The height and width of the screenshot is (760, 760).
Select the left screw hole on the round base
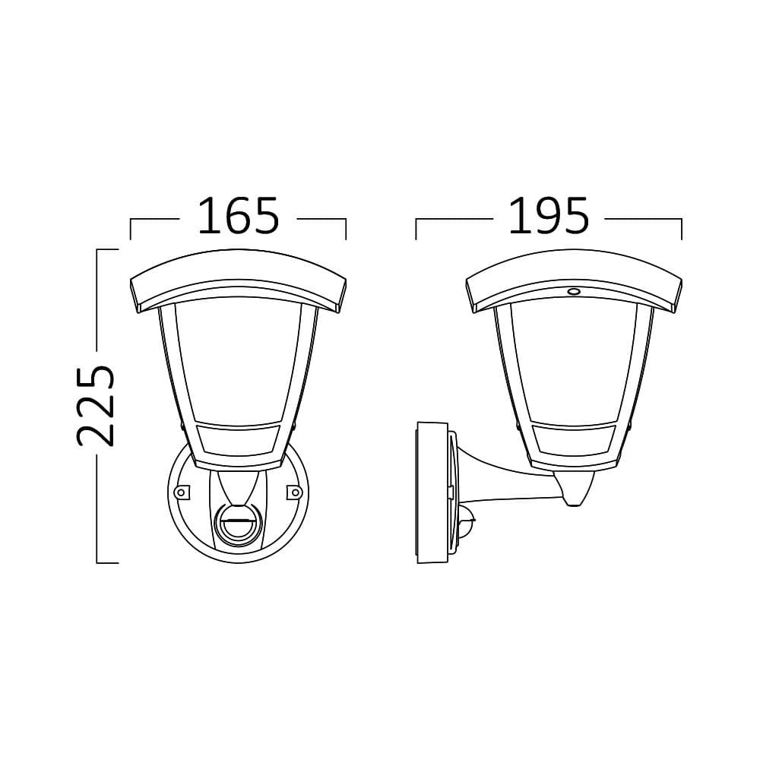point(181,492)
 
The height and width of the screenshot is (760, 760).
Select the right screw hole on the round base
point(292,492)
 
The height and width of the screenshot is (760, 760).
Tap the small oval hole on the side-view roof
point(573,291)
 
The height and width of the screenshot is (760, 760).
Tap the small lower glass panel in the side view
point(575,439)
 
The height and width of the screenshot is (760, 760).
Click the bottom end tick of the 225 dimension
point(107,563)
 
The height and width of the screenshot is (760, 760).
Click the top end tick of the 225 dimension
point(107,249)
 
